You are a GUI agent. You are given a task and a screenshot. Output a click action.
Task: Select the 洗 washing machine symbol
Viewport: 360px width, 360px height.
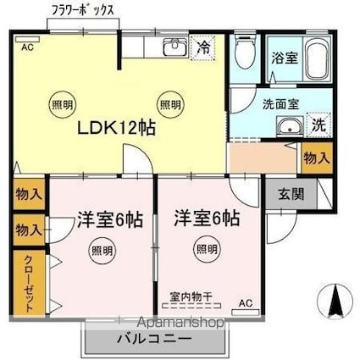318,125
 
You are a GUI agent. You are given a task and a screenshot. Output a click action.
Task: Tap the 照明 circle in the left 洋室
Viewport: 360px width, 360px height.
102,250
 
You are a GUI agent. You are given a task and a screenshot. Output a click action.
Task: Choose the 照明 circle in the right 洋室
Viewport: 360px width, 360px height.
205,249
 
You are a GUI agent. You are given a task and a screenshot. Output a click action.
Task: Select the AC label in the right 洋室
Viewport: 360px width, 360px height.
245,303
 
